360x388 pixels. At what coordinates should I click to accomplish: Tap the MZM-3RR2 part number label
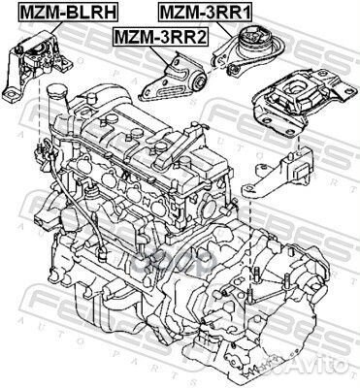[160, 38]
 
